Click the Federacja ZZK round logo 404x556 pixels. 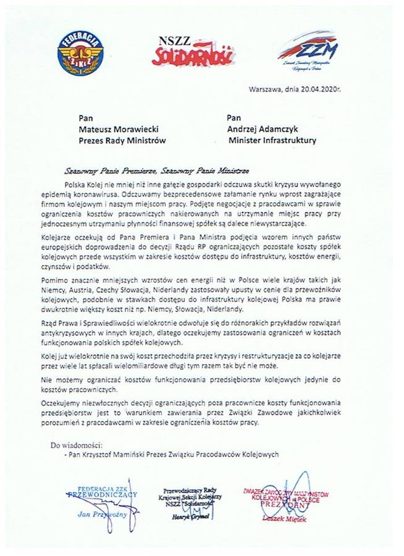click(x=80, y=53)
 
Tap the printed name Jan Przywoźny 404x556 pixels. click(x=102, y=513)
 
